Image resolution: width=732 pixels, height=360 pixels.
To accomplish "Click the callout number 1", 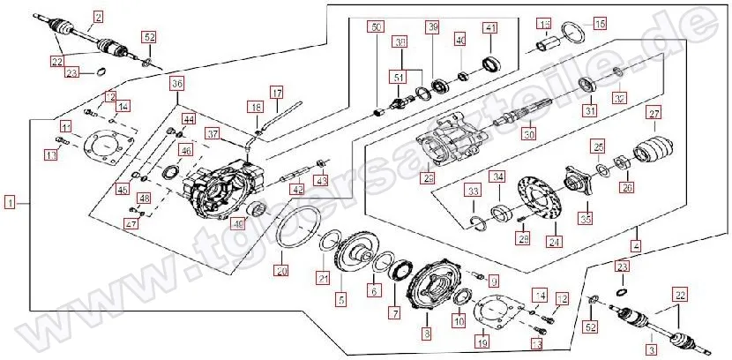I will pyautogui.click(x=9, y=202).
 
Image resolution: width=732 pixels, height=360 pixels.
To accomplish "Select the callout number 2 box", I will pyautogui.click(x=98, y=16).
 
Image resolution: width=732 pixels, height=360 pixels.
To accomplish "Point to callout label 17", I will pyautogui.click(x=276, y=92).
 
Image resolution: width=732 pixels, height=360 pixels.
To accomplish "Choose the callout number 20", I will pyautogui.click(x=281, y=270).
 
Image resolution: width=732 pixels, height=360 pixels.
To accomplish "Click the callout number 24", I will pyautogui.click(x=554, y=241).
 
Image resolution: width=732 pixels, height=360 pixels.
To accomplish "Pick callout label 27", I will pyautogui.click(x=654, y=113).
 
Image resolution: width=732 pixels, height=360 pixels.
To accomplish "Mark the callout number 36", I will pyautogui.click(x=177, y=84).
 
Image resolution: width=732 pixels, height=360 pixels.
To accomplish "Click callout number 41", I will pyautogui.click(x=489, y=29).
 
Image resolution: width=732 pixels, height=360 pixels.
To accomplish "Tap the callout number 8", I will pyautogui.click(x=427, y=334).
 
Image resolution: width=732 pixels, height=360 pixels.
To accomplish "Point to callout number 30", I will pyautogui.click(x=528, y=135).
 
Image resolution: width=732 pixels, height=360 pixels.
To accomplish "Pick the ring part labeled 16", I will pyautogui.click(x=572, y=36).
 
